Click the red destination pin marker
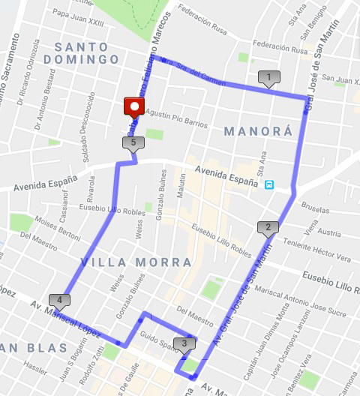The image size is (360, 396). click(x=134, y=106)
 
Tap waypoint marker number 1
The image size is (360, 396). click(x=268, y=77)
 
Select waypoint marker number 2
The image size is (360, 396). click(x=267, y=228)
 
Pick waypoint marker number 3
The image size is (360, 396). click(x=183, y=344)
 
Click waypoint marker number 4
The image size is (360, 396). click(x=59, y=301)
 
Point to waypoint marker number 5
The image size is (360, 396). click(x=133, y=142)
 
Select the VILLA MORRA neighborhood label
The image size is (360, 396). click(x=136, y=262)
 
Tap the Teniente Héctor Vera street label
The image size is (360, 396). click(x=313, y=253)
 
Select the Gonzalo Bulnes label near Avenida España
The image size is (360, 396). click(x=161, y=188)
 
